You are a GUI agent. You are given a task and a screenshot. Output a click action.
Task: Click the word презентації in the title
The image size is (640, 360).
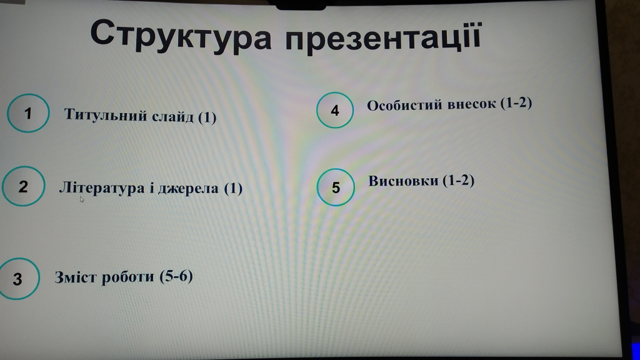pyautogui.click(x=383, y=37)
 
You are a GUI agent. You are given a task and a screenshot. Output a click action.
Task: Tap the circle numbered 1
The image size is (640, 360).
pyautogui.click(x=28, y=113)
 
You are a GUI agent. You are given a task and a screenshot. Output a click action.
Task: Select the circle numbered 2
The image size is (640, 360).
pyautogui.click(x=23, y=186)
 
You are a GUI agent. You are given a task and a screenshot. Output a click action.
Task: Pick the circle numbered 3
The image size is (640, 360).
pyautogui.click(x=18, y=279)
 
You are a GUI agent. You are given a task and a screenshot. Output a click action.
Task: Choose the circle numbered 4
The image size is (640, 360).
pyautogui.click(x=335, y=110)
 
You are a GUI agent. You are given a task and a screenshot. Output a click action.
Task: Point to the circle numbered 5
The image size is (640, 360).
pyautogui.click(x=336, y=187)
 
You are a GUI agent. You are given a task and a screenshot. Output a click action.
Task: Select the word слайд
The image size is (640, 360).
pyautogui.click(x=172, y=117)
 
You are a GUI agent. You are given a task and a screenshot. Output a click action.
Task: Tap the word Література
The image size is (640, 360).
pyautogui.click(x=102, y=188)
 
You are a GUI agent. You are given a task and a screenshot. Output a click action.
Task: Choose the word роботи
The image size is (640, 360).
pyautogui.click(x=127, y=277)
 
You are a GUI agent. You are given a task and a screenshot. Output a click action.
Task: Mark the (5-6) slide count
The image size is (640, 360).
pyautogui.click(x=176, y=276)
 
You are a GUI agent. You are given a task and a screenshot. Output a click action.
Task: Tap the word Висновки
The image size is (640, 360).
pyautogui.click(x=403, y=181)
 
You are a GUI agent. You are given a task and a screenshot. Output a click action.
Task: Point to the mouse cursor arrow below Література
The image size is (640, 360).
pyautogui.click(x=82, y=199)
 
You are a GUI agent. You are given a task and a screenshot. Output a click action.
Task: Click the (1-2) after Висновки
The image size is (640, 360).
pyautogui.click(x=458, y=181)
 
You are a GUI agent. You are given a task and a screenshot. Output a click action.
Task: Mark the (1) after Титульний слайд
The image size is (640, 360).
pyautogui.click(x=207, y=117)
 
